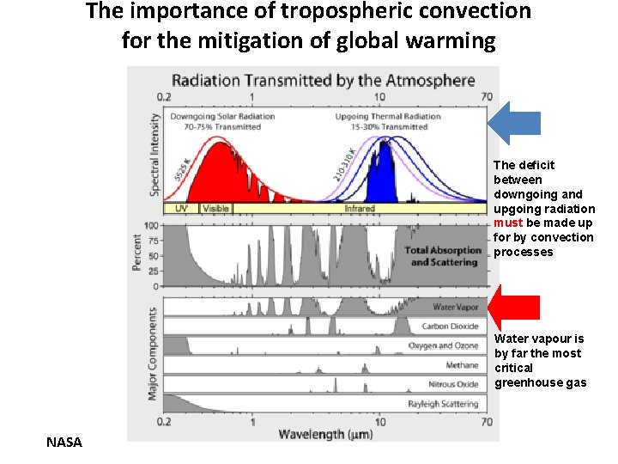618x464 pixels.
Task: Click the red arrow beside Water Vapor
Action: coord(514,307)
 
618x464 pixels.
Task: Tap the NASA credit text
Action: coord(64,442)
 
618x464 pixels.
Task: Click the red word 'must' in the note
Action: coord(505,223)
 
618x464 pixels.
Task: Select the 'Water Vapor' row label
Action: coord(455,307)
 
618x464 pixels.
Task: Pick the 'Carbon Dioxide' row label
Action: coord(450,327)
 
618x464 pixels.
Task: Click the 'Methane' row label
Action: coord(462,365)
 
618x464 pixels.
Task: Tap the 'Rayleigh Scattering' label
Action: coord(443,403)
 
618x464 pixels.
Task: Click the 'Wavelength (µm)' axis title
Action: coord(324,434)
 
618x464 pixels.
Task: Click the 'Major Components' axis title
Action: coord(153,352)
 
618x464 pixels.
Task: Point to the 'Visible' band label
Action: coord(215,208)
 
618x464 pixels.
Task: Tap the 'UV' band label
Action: coord(181,208)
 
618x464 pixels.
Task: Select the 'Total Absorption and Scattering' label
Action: coord(443,256)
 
